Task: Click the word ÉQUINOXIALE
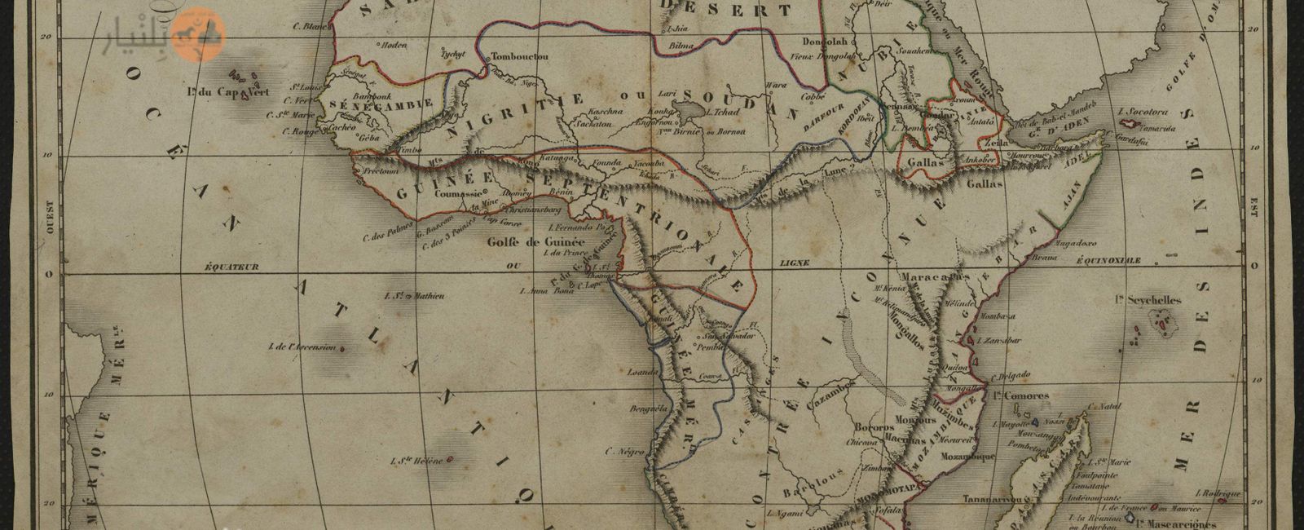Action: coord(1108,260)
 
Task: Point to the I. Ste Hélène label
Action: coord(416,462)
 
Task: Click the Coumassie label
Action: coord(454,194)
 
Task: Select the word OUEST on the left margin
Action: coord(48,218)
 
